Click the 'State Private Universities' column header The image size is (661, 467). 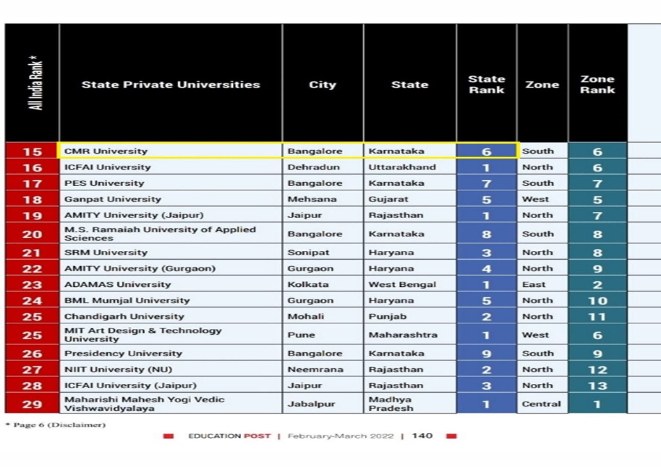(171, 85)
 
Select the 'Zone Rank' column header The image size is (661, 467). (597, 85)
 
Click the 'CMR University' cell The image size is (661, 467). (106, 151)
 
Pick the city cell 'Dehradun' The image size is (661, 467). (313, 167)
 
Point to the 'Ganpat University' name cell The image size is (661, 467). (113, 199)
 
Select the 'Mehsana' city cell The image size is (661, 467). (312, 199)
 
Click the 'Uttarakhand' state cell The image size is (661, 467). (402, 167)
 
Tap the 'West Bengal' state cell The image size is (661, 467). (402, 285)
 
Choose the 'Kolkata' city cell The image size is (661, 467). (308, 285)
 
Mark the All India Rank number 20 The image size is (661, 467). (32, 234)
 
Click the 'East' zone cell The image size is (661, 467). (533, 285)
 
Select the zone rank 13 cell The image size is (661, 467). (598, 386)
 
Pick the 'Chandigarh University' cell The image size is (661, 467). (124, 317)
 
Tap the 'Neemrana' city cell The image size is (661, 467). (315, 370)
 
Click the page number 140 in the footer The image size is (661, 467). (422, 436)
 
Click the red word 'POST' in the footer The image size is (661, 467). (257, 436)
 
